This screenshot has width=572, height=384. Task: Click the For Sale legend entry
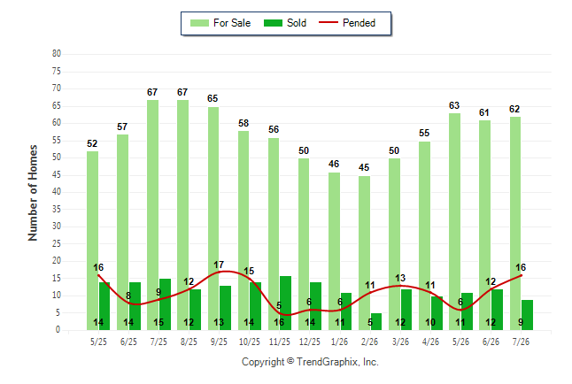220,23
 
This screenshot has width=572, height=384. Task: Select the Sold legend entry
285,23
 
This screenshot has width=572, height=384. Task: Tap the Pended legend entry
347,23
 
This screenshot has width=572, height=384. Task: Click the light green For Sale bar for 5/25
92,241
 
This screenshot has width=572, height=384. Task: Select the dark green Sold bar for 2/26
375,322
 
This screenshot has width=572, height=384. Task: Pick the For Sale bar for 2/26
364,253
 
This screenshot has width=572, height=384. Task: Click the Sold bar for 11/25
285,303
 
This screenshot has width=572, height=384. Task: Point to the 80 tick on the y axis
56,54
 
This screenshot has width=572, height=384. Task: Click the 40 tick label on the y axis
56,191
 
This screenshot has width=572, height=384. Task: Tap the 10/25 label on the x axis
250,342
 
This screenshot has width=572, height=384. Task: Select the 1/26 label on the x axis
340,342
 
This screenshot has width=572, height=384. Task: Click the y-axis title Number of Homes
33,193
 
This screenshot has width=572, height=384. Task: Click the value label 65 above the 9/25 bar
213,98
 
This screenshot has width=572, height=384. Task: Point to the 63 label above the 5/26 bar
454,105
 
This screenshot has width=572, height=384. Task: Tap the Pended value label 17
219,265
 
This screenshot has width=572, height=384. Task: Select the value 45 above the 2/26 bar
364,167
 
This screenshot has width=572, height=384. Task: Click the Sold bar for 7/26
527,315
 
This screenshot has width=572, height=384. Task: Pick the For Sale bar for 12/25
304,244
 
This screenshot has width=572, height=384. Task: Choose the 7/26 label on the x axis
521,342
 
